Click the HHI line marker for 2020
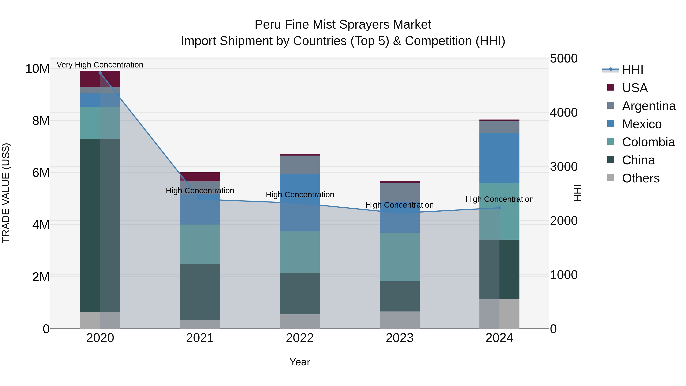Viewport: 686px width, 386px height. point(100,73)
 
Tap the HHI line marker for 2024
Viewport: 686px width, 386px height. point(499,208)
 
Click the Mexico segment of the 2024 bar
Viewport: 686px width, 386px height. point(499,158)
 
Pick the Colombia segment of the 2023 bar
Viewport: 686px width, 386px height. point(399,257)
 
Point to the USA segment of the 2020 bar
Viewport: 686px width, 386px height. point(100,79)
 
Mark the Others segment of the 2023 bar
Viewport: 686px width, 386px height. point(399,320)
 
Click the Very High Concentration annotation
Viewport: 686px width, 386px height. point(100,65)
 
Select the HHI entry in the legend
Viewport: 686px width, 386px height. point(632,70)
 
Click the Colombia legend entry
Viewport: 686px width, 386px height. point(648,142)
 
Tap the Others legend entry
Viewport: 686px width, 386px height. point(640,178)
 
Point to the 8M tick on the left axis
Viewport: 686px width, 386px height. point(41,121)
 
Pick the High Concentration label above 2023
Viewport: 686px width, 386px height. point(399,205)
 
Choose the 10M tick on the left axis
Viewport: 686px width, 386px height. point(37,69)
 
